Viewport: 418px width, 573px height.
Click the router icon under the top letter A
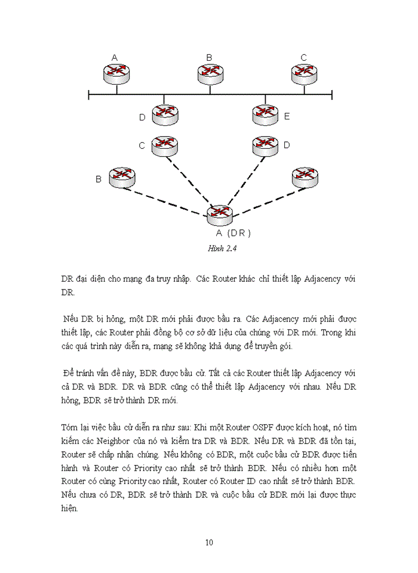(115, 73)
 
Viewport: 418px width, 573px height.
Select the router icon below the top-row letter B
(210, 73)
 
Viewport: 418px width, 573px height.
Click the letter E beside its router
(287, 116)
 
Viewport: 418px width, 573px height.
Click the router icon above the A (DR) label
(219, 215)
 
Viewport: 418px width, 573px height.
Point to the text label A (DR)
(233, 233)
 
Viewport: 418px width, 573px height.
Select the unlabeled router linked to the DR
(305, 177)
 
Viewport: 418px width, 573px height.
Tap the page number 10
(209, 543)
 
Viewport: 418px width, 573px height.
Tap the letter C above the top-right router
(303, 58)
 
